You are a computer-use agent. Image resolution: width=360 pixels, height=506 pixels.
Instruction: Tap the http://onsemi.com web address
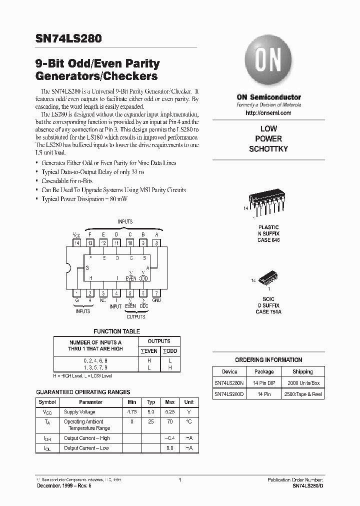click(268, 113)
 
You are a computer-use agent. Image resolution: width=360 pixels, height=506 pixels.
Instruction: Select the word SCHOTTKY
click(268, 149)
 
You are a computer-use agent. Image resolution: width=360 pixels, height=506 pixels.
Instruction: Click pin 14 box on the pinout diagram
click(77, 242)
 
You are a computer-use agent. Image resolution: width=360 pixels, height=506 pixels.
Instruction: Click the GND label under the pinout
click(156, 300)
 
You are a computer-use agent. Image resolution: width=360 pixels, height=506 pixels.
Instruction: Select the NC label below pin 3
click(103, 300)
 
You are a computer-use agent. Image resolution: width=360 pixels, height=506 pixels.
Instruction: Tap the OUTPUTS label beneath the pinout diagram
click(136, 316)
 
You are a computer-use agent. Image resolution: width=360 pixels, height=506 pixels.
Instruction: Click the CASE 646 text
click(268, 240)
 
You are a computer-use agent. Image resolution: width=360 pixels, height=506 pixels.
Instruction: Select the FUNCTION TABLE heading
click(117, 331)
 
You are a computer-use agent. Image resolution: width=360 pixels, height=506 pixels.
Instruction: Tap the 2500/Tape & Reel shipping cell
click(302, 394)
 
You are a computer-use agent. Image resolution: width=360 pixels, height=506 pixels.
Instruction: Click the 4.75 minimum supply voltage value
click(132, 412)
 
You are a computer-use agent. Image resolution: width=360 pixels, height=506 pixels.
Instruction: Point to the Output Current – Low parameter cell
click(86, 448)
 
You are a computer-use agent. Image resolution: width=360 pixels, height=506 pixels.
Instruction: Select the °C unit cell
click(189, 421)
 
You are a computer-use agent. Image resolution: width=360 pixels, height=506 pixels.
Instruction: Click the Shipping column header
click(302, 371)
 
